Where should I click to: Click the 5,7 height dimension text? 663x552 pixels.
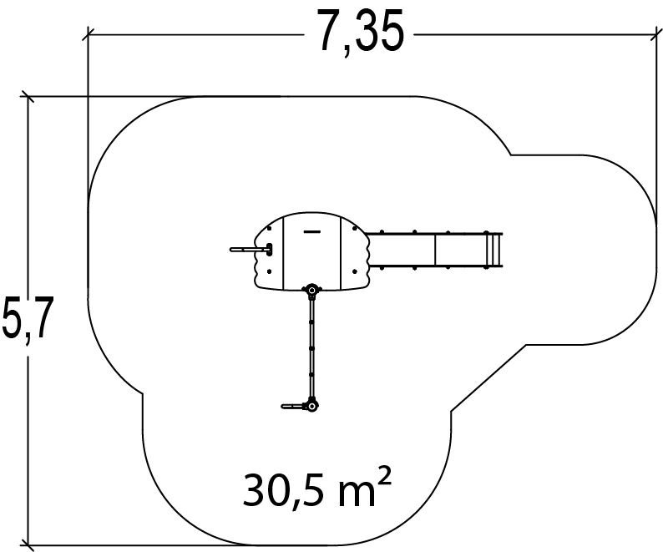click(x=28, y=319)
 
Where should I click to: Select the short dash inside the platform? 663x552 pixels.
click(x=312, y=231)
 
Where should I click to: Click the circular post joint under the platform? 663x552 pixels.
click(x=312, y=290)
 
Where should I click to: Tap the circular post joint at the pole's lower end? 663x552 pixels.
click(x=311, y=407)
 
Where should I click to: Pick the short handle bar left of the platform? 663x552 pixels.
click(x=251, y=250)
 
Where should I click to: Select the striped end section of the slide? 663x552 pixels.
click(x=493, y=250)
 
